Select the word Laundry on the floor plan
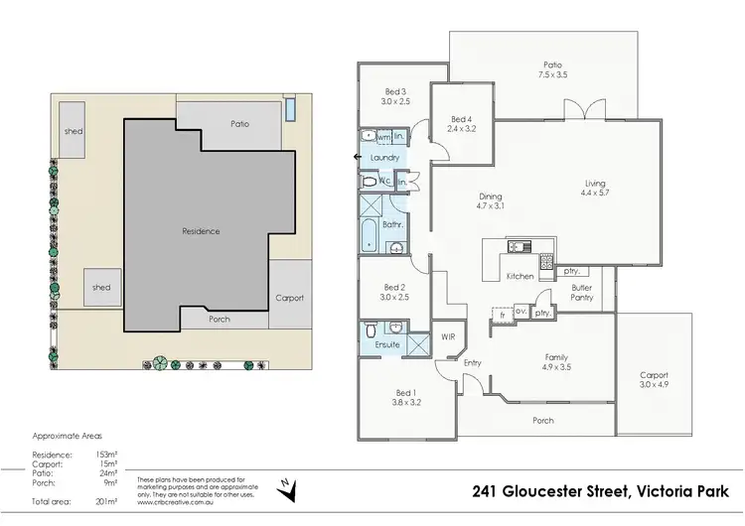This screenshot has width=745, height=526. coord(383,158)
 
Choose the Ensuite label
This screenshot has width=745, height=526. coord(386,344)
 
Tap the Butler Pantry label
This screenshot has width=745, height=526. coord(581,292)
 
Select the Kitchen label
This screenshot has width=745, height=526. coord(521,276)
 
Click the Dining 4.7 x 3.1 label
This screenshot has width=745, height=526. coord(491,201)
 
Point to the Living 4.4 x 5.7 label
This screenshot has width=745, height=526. coord(594,189)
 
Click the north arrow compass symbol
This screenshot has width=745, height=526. coord(286,485)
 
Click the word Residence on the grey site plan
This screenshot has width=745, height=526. coord(201,231)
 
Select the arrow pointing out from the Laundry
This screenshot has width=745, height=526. coord(358,158)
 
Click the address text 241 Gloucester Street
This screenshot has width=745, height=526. coord(539,490)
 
